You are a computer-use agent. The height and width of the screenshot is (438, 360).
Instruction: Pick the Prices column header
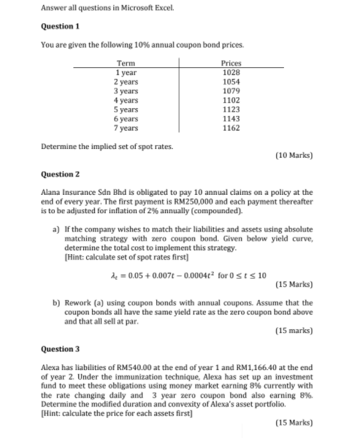click(x=231, y=64)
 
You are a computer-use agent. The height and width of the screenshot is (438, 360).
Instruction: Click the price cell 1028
click(x=231, y=73)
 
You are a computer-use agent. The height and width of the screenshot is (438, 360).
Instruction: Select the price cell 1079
click(x=231, y=91)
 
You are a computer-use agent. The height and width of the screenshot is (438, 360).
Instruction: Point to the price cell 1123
click(x=231, y=109)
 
